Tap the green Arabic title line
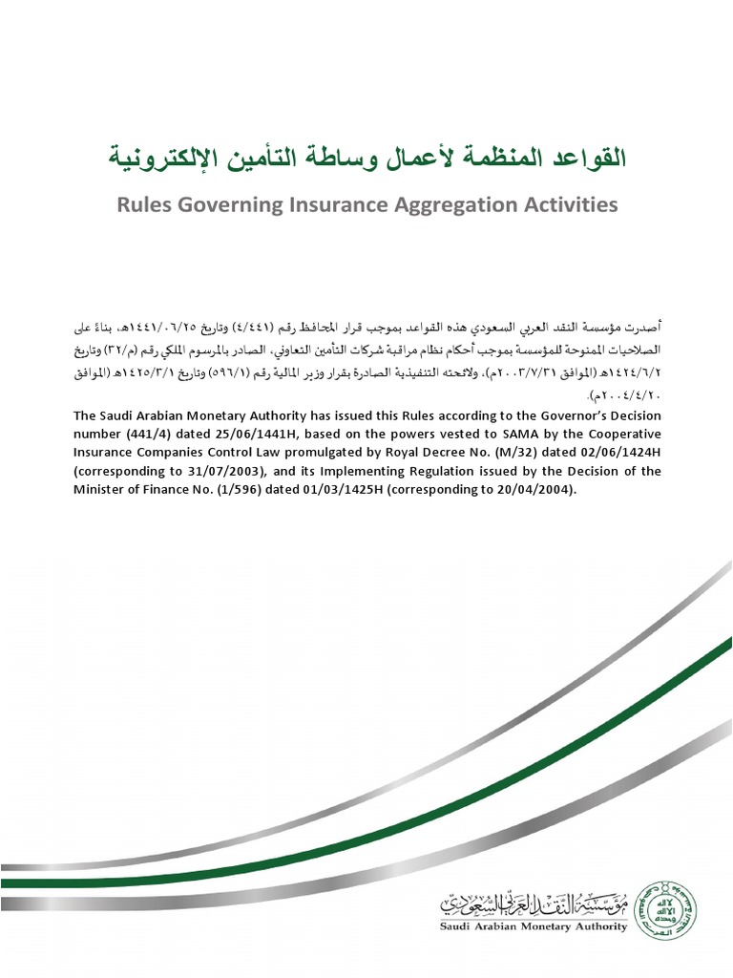click(x=367, y=157)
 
